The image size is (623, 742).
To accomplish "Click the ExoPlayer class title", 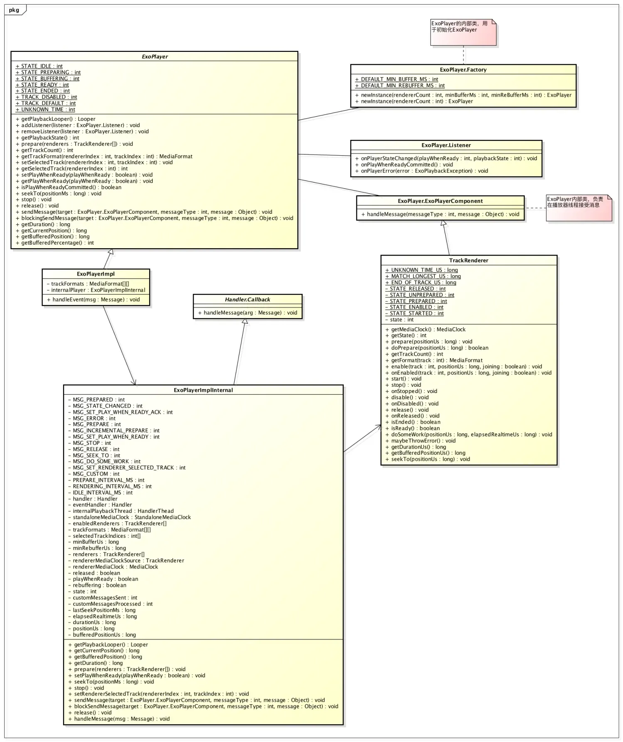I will point(155,56).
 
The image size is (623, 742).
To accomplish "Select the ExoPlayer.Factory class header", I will point(463,70).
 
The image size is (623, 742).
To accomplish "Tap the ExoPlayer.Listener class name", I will point(446,145).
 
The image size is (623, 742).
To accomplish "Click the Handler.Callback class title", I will point(248,300).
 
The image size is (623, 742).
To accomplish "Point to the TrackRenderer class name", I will point(468,261).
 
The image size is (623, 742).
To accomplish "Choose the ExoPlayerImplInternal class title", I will point(203,390).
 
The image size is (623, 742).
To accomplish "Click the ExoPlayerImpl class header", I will point(96,274).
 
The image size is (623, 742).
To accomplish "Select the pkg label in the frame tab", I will point(14,10).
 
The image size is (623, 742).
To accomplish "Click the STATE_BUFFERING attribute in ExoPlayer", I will point(47,78).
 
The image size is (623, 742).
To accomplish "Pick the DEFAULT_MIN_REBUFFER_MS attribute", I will point(400,85).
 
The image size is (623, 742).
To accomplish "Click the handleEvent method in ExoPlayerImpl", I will point(93,300).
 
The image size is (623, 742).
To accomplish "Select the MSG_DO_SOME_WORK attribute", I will point(104,461).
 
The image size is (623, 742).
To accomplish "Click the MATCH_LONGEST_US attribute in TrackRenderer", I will point(423,276).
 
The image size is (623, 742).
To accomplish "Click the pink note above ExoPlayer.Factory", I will point(463,32).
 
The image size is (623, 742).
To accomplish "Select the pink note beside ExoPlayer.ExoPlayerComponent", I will point(579,207).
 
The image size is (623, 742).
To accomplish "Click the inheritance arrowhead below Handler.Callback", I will point(245,322).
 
